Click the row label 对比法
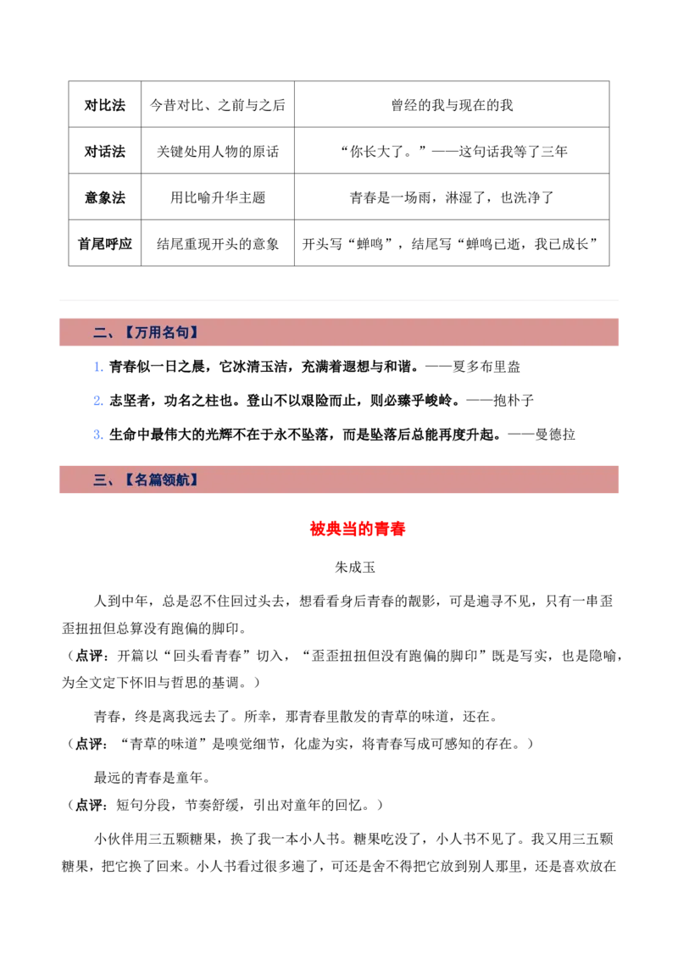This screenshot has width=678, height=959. tap(104, 105)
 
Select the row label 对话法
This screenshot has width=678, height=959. tap(104, 151)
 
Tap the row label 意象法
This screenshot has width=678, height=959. tap(104, 197)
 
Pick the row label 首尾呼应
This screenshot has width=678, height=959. tap(104, 244)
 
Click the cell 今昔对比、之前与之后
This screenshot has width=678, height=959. tap(217, 105)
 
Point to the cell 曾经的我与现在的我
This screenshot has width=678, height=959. tap(452, 105)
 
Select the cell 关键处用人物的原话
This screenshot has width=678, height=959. tap(217, 151)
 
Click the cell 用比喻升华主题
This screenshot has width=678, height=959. tap(217, 197)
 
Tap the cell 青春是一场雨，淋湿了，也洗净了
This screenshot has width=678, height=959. tap(452, 197)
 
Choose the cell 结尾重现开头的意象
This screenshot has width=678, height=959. tap(217, 244)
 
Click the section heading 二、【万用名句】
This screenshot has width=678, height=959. tap(146, 333)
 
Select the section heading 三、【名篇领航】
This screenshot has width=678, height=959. tap(146, 480)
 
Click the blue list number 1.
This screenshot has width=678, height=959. tap(98, 367)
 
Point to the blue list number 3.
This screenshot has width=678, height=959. tap(98, 435)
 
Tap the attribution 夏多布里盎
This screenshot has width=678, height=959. tap(486, 367)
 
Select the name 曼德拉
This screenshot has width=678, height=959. tap(555, 435)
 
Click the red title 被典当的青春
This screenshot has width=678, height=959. tap(358, 529)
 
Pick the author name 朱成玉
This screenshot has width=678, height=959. tap(355, 568)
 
